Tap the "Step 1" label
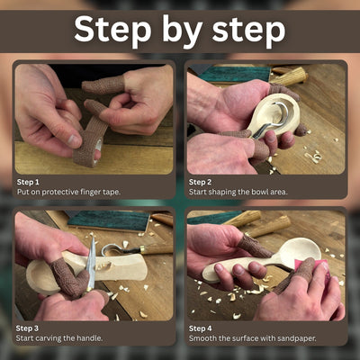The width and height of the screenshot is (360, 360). click(x=29, y=182)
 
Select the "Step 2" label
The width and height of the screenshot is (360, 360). click(x=201, y=182)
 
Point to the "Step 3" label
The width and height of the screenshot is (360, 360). click(x=29, y=328)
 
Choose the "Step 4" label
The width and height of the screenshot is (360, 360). click(x=201, y=328)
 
